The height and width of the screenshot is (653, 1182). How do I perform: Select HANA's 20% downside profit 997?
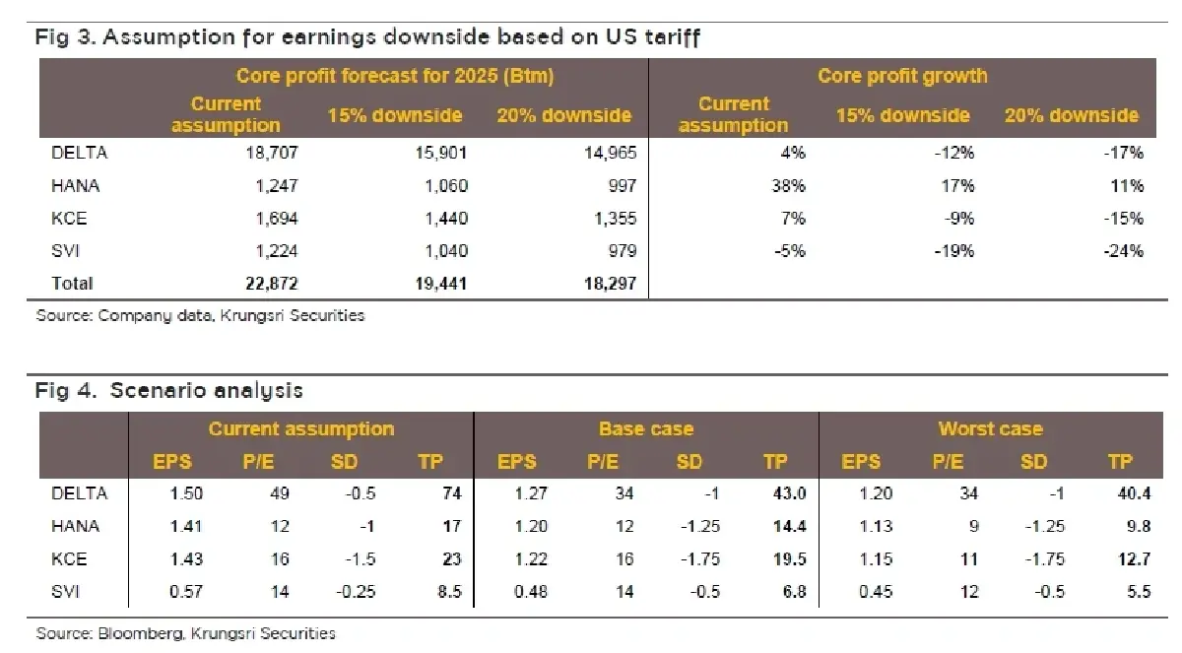(x=620, y=185)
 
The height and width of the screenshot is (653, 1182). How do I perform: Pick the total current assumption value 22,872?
(x=271, y=284)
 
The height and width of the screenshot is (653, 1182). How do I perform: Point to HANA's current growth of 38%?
(x=789, y=185)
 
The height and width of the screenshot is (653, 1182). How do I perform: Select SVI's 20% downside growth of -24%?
(x=1123, y=250)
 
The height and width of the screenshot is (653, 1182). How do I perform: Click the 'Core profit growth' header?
(x=901, y=76)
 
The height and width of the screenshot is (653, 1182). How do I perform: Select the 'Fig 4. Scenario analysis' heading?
(x=168, y=390)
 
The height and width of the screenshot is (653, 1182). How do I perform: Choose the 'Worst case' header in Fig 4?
(x=990, y=428)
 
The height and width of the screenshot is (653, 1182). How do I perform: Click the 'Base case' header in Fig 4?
(x=646, y=428)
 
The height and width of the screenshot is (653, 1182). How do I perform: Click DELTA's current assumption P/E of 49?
(x=280, y=493)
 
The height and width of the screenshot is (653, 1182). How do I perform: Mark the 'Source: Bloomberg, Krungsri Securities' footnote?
(x=185, y=632)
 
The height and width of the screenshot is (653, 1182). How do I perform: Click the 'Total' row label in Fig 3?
(x=72, y=284)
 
